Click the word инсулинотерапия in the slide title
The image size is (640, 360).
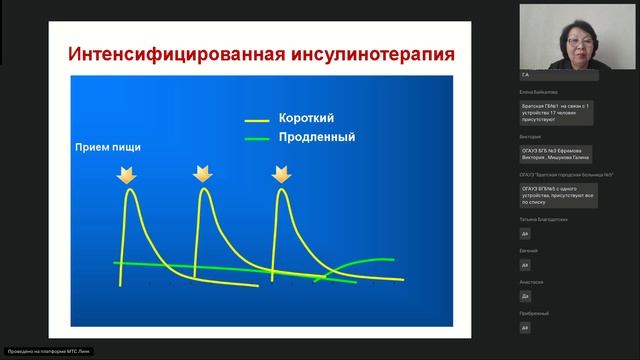pyautogui.click(x=371, y=52)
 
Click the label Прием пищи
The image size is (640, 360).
pyautogui.click(x=108, y=147)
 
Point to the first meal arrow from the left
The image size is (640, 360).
pyautogui.click(x=127, y=176)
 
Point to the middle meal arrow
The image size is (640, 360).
pyautogui.click(x=204, y=176)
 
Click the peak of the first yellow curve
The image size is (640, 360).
pyautogui.click(x=129, y=192)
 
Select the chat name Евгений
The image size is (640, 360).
pyautogui.click(x=531, y=250)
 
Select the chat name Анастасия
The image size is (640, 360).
pyautogui.click(x=533, y=282)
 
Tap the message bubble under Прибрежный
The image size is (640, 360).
pyautogui.click(x=526, y=327)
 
